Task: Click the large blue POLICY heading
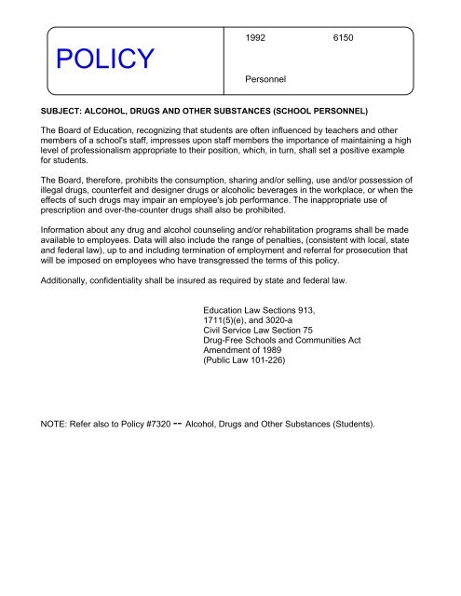coord(104,61)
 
